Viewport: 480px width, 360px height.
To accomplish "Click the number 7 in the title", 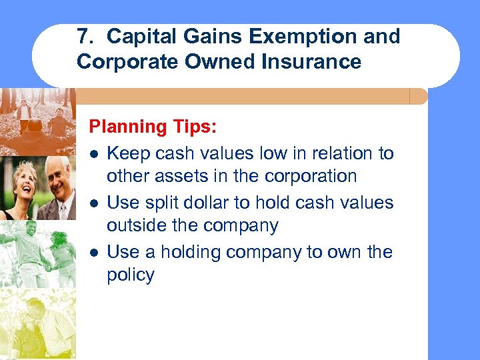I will (x=82, y=37).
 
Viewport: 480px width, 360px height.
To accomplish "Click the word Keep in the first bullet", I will (x=129, y=153).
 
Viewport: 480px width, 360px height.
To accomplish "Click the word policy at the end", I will (x=131, y=275).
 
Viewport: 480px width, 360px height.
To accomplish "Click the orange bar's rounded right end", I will (x=419, y=97).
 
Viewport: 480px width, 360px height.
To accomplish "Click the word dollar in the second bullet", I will (x=219, y=203).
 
